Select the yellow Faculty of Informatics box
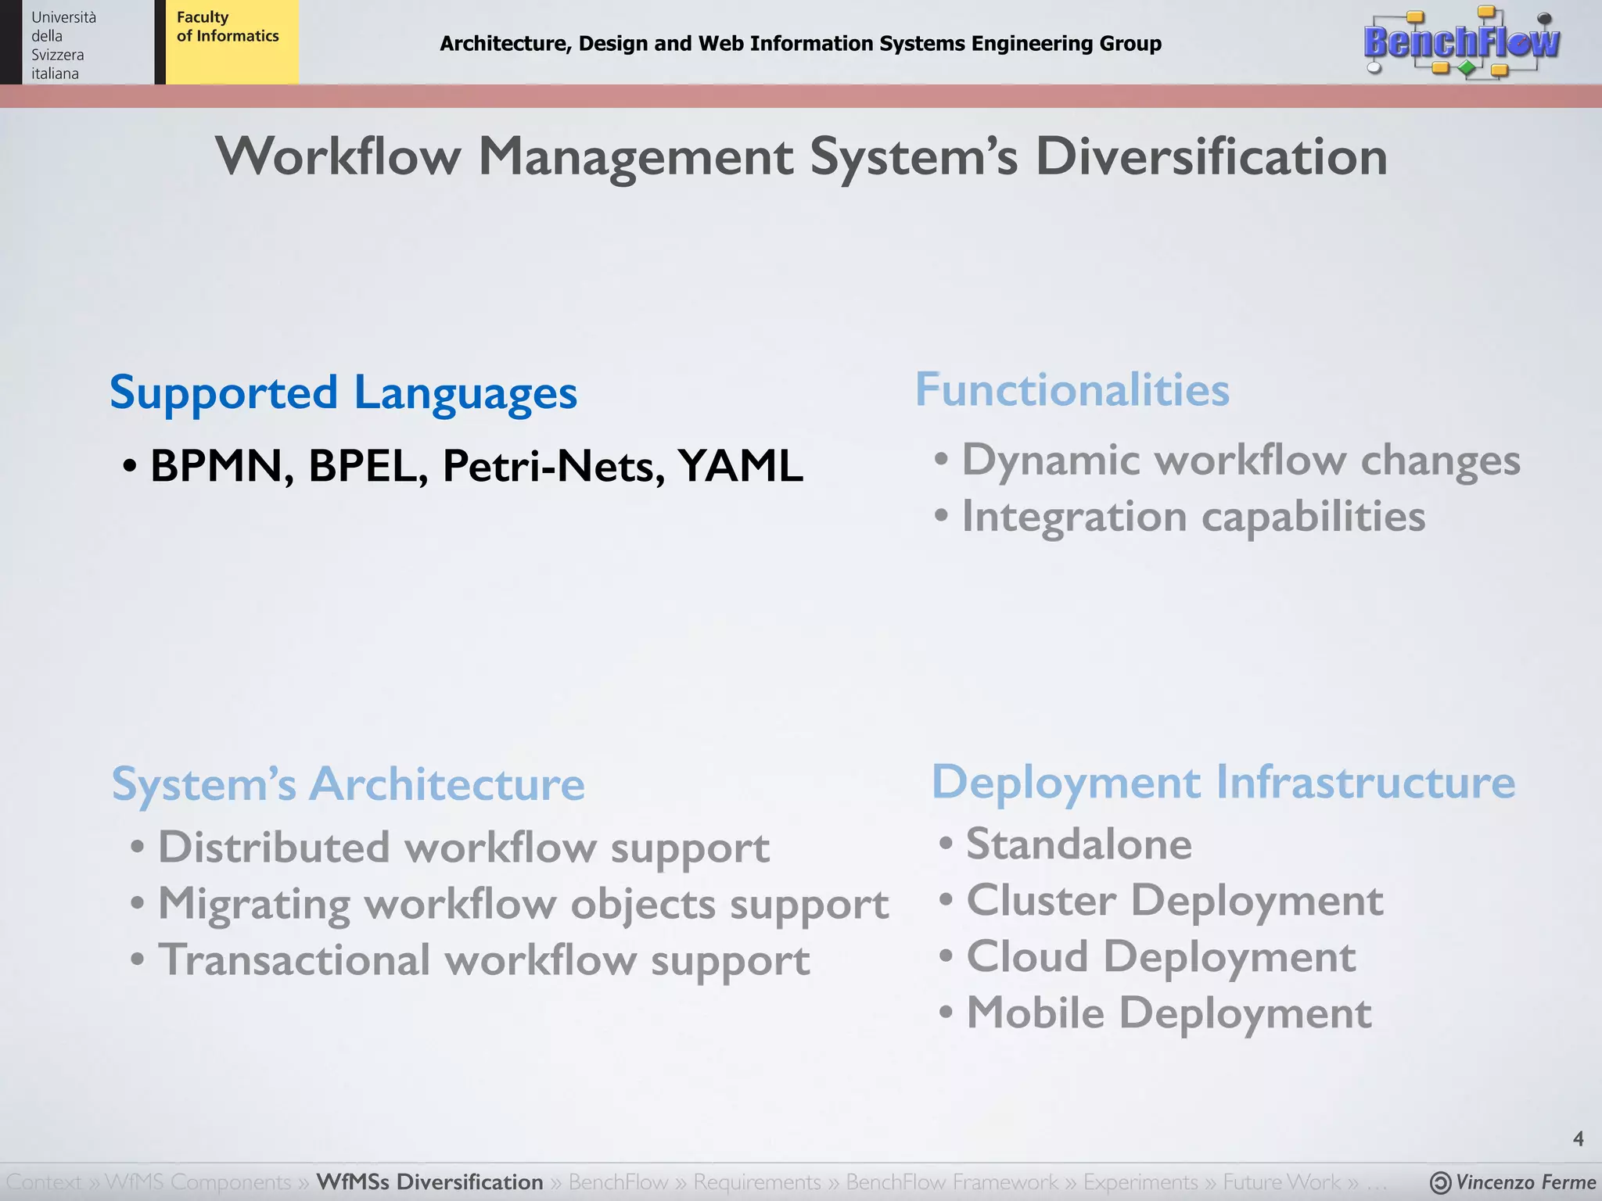[232, 41]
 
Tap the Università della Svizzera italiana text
[63, 45]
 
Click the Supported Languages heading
[343, 393]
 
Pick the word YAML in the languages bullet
[740, 466]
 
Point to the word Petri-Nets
[554, 466]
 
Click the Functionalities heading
[1072, 389]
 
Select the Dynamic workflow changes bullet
[1240, 460]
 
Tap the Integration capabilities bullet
[1193, 517]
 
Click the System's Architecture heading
[348, 783]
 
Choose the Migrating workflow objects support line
[523, 905]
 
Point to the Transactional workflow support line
[483, 961]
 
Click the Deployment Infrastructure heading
[1223, 782]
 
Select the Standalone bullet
[1079, 844]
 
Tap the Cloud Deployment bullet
[1161, 957]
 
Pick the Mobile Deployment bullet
[1169, 1013]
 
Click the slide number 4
[1578, 1138]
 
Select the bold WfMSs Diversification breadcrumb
[429, 1181]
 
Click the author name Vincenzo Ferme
[1525, 1182]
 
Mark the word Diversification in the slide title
[1211, 156]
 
